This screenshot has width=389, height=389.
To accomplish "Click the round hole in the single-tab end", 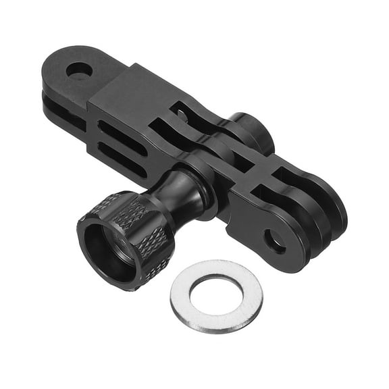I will pyautogui.click(x=79, y=70).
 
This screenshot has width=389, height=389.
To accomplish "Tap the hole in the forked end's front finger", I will pyautogui.click(x=274, y=240).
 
